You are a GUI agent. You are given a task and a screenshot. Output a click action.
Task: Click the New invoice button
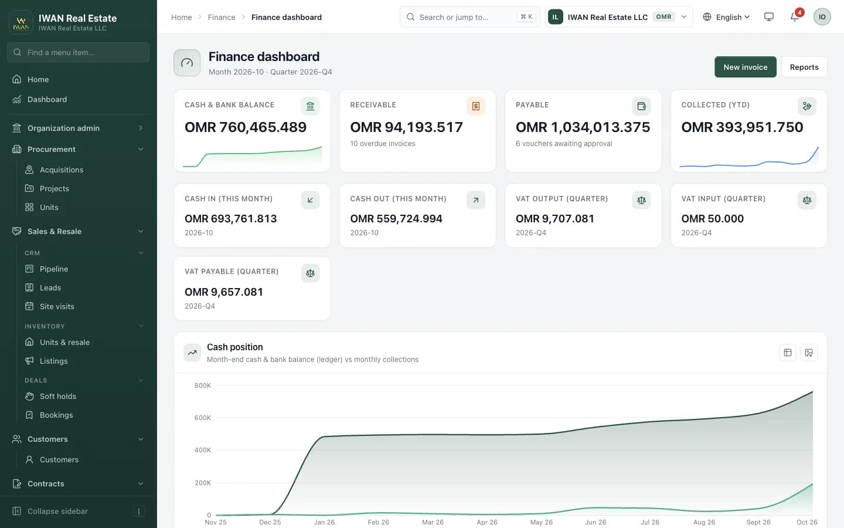pos(746,67)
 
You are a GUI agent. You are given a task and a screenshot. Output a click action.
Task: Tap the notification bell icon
pos(795,17)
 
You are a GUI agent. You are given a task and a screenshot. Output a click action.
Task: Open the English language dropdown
pos(726,17)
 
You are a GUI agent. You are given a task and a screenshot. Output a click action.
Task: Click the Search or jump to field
pos(470,17)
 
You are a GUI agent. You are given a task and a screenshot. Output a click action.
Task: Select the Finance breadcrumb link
pos(222,17)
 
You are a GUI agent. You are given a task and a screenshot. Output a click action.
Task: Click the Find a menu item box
pos(79,52)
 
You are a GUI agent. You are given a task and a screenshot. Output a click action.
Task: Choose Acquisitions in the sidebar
pos(62,170)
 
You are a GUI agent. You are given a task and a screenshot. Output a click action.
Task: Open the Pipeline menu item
pos(54,269)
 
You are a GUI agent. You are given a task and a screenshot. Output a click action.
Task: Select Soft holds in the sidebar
pos(58,397)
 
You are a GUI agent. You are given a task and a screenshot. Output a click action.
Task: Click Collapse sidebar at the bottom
pos(57,512)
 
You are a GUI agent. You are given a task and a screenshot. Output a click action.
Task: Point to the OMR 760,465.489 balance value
pos(246,127)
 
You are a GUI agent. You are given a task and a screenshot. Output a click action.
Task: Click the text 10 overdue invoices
pos(383,144)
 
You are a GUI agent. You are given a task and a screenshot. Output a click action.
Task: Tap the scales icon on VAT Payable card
pos(310,273)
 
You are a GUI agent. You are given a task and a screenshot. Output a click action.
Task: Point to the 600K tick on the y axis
pos(203,418)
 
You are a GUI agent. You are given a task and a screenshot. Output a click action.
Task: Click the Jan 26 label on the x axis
pos(325,522)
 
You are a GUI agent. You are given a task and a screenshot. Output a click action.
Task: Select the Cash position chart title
pos(234,347)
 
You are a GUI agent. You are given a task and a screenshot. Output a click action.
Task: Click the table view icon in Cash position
pos(788,353)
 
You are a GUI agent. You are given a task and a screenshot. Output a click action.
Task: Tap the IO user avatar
pos(822,17)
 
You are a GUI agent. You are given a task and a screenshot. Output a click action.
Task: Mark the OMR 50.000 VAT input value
pos(713,219)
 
